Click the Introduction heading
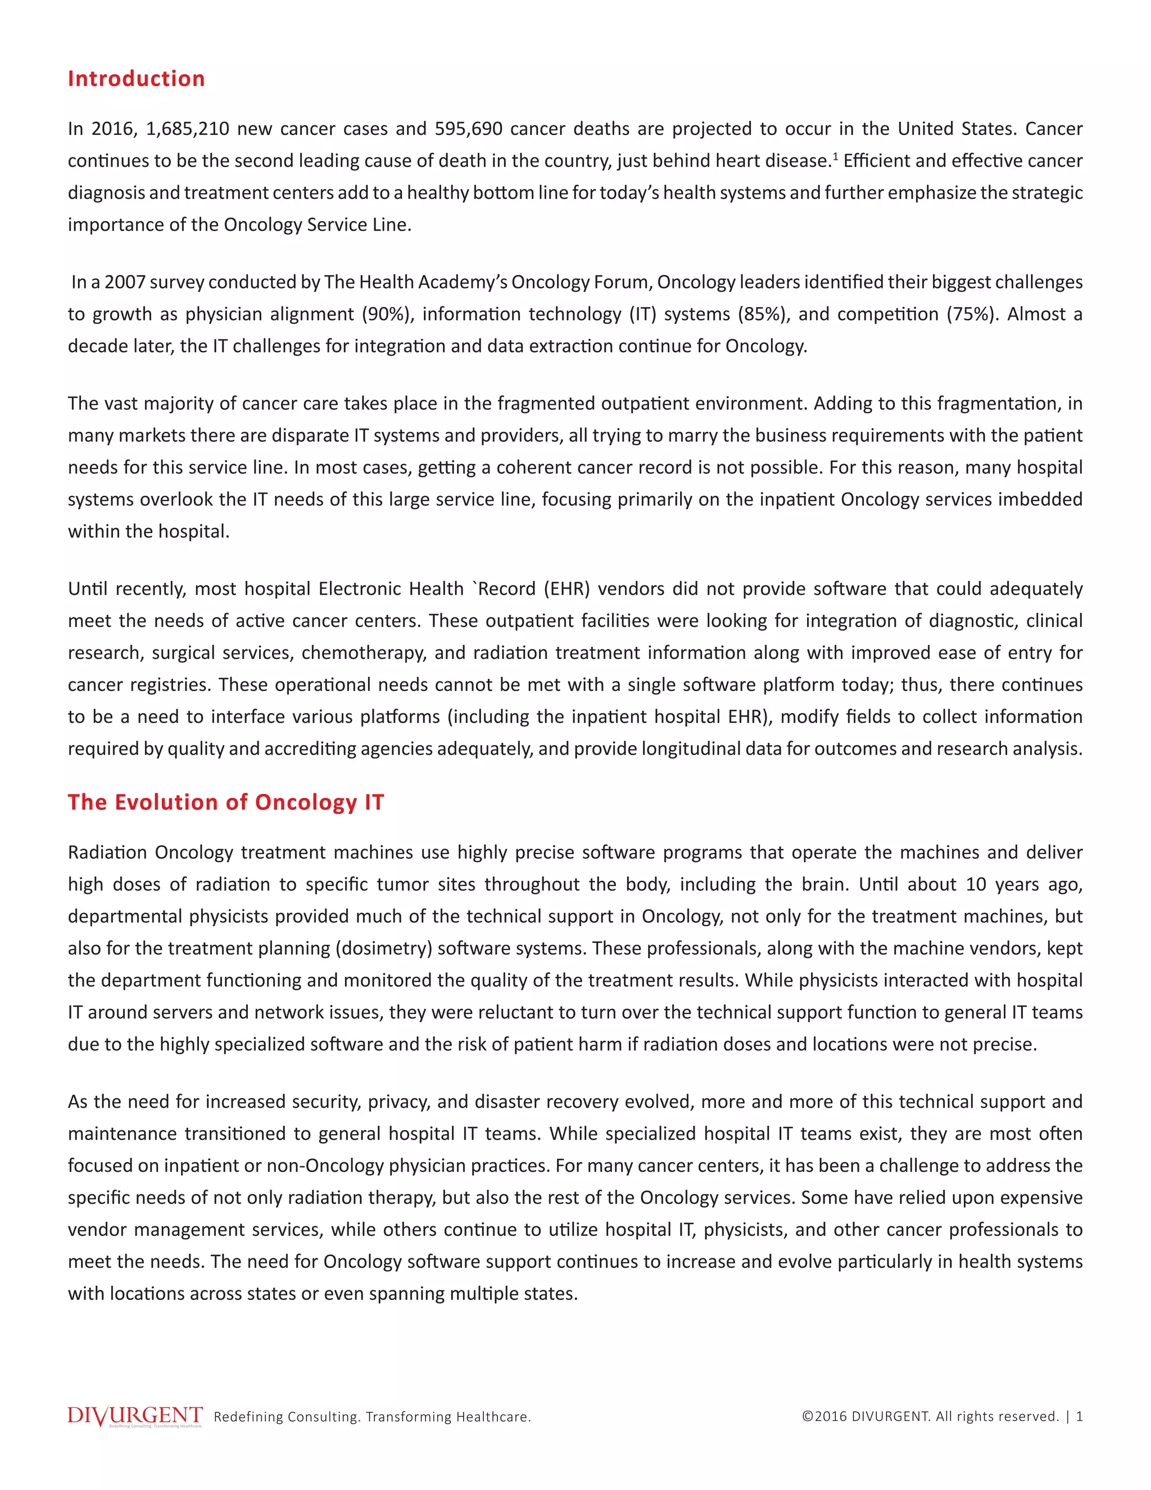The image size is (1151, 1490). [137, 79]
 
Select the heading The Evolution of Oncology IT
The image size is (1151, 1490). [226, 802]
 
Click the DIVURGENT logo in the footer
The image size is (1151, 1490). [135, 1416]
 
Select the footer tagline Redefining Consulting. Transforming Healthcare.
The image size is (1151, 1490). [372, 1417]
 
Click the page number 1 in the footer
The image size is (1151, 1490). [1079, 1416]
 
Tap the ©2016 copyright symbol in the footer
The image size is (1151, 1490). [808, 1416]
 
